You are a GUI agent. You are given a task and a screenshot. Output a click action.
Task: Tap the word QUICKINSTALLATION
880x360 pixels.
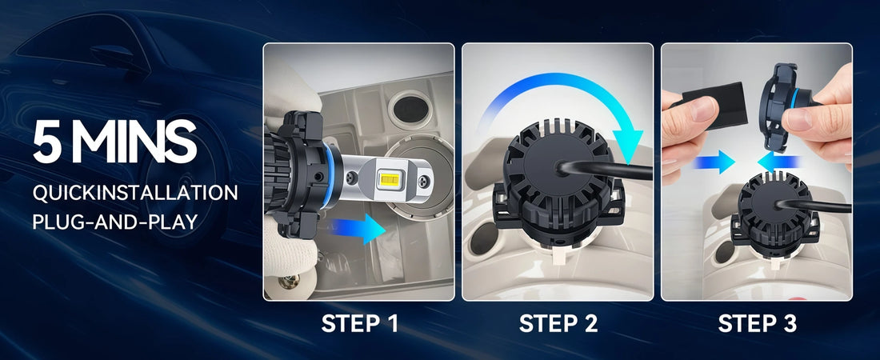135,193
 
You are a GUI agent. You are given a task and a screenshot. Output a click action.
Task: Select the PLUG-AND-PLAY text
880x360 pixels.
114,221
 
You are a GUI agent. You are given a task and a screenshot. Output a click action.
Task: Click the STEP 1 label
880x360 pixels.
359,323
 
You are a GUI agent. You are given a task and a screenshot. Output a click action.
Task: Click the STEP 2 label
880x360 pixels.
558,323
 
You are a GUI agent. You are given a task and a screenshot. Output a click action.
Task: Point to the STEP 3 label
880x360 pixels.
757,323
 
